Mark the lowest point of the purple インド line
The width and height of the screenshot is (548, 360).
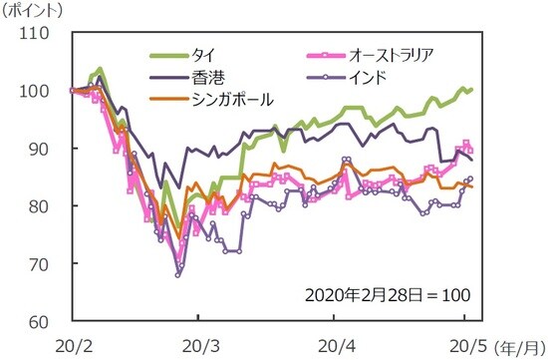pyautogui.click(x=178, y=275)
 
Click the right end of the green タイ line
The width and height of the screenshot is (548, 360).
pyautogui.click(x=472, y=90)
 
